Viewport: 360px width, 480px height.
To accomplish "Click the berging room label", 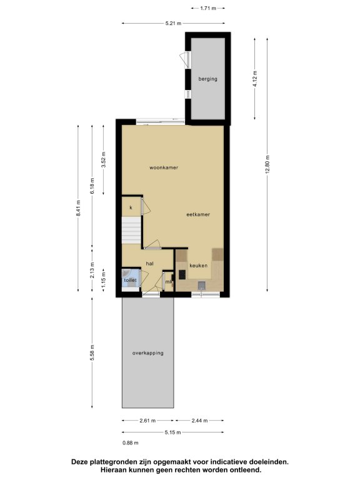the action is point(208,79).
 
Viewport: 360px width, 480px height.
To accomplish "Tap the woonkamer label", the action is point(164,167).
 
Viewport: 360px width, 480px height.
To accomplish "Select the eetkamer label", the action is point(198,214).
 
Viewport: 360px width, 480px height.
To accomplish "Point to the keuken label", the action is point(198,266).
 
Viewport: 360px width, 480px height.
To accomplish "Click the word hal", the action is point(150,264).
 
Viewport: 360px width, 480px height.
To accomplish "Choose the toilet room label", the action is point(130,280).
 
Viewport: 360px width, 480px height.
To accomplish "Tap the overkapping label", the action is point(148,353).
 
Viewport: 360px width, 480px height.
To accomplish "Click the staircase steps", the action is point(131,230).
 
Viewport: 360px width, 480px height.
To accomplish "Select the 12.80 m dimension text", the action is point(267,165).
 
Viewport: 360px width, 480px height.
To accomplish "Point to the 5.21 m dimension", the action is point(173,23).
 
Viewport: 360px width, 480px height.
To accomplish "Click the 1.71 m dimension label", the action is point(208,8).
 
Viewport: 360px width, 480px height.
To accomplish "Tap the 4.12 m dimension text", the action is point(255,79).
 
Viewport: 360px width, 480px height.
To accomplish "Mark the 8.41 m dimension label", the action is point(78,208).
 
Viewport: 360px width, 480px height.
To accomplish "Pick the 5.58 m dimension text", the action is point(92,352).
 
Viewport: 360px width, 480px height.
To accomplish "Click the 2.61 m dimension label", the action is point(147,421).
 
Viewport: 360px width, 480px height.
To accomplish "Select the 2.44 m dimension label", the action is point(199,421).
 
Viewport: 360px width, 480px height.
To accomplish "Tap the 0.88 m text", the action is point(131,442).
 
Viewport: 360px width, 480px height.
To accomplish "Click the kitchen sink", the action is point(202,285).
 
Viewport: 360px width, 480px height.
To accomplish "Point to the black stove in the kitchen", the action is point(182,274).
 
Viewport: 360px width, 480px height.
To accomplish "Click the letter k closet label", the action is point(131,207).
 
